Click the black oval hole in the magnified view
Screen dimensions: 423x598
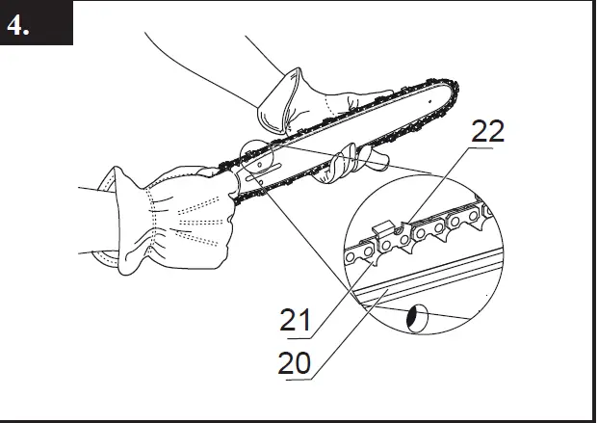point(417,318)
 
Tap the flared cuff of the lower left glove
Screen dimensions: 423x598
point(108,221)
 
